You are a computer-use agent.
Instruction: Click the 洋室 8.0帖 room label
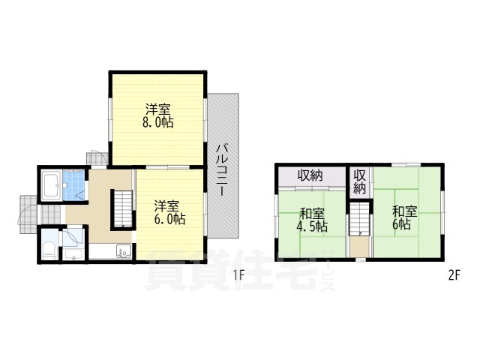pyautogui.click(x=158, y=115)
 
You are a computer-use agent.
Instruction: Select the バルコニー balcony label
pyautogui.click(x=223, y=169)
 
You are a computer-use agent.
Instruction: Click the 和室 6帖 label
pyautogui.click(x=400, y=217)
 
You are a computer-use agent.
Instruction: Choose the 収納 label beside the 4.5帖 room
pyautogui.click(x=310, y=176)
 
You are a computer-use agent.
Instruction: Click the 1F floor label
pyautogui.click(x=238, y=274)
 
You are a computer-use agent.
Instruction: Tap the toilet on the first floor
pyautogui.click(x=48, y=248)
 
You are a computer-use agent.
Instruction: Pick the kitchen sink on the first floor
pyautogui.click(x=124, y=253)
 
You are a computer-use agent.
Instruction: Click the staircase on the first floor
pyautogui.click(x=122, y=208)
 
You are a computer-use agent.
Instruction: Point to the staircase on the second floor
pyautogui.click(x=361, y=220)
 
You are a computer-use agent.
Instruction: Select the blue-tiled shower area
pyautogui.click(x=75, y=187)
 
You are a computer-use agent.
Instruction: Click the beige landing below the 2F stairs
pyautogui.click(x=361, y=247)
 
